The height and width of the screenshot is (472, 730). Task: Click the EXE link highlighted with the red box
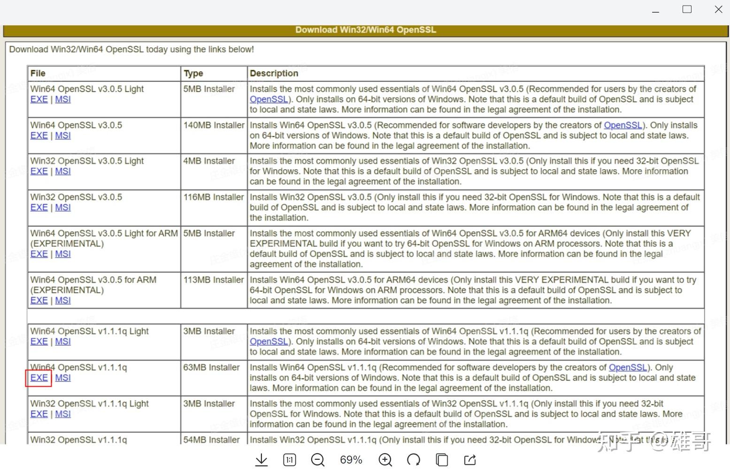tap(39, 378)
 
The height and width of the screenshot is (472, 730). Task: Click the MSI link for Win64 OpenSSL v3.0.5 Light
tap(63, 99)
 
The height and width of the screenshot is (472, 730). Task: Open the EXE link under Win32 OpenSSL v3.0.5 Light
tap(39, 172)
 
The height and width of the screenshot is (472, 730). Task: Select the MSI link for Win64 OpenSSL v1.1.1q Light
tap(63, 342)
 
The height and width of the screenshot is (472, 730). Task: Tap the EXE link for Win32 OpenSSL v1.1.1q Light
tap(39, 414)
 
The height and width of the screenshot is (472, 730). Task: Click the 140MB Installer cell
tap(214, 125)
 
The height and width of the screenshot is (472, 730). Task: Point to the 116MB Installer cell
tap(214, 197)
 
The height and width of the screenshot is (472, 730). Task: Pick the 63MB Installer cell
tap(211, 367)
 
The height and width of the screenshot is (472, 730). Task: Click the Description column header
tap(274, 73)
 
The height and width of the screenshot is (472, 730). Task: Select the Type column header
tap(193, 73)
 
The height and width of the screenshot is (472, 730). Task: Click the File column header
tap(38, 73)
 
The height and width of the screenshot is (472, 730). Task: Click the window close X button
tap(718, 9)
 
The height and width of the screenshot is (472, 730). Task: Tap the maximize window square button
tap(687, 9)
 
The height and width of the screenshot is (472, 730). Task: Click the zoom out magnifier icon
tap(318, 460)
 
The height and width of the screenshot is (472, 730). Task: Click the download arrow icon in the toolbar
tap(261, 460)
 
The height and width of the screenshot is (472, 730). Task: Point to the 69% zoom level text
tap(351, 460)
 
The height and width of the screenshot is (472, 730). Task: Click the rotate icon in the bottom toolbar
tap(414, 460)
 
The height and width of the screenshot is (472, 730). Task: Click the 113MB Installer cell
tap(214, 280)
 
